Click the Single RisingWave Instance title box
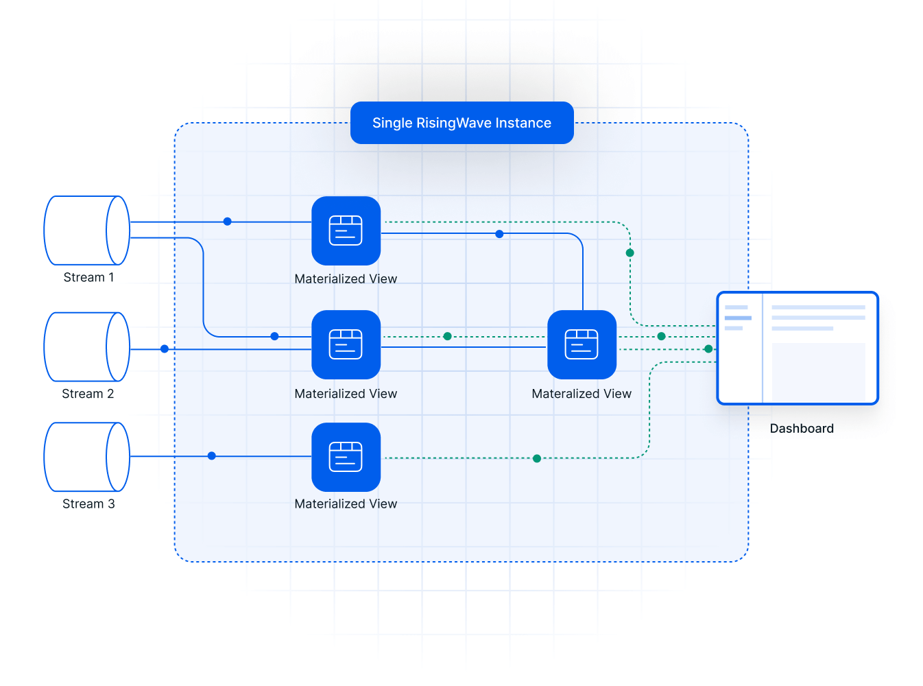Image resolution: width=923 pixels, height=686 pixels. [461, 123]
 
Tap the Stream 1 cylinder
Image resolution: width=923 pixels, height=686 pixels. [86, 230]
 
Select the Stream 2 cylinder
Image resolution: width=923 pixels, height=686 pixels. [86, 347]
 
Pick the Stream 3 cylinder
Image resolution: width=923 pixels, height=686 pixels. [86, 457]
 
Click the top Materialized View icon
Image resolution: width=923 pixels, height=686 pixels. [346, 230]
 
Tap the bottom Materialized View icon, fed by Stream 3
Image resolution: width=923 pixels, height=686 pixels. [346, 457]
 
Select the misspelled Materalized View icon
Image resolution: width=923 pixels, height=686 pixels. [582, 344]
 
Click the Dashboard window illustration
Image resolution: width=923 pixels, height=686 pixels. [797, 348]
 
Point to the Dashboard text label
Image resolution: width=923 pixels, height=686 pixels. [802, 429]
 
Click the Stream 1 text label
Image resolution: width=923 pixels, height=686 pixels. [88, 278]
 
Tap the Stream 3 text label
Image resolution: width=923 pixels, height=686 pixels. [88, 504]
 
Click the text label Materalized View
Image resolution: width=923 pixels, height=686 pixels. [582, 394]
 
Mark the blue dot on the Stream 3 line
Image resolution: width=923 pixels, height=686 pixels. [212, 456]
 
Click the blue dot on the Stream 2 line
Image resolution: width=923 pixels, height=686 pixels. [165, 349]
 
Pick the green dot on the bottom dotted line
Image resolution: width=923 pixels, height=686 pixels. [537, 458]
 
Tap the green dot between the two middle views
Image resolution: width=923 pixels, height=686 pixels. [447, 336]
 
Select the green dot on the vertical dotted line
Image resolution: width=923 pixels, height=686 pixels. [630, 253]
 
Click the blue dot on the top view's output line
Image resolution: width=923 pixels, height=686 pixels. [499, 234]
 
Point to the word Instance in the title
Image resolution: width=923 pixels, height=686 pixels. [523, 123]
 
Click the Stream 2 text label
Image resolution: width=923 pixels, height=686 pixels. [88, 394]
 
